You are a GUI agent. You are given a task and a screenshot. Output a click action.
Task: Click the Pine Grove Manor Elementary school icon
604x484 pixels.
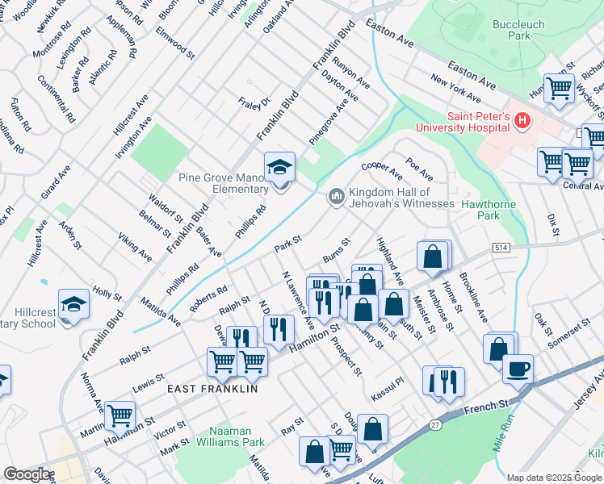[280, 168]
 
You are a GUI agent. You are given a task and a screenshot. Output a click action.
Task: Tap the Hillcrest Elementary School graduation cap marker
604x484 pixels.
[73, 305]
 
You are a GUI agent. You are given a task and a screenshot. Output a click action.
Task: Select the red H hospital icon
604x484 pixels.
[522, 121]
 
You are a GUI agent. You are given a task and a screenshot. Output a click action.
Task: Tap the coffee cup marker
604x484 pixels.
[518, 369]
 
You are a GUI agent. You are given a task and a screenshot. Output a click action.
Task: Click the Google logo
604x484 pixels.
[27, 474]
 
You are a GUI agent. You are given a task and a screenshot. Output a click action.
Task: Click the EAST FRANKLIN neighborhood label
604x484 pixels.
[212, 389]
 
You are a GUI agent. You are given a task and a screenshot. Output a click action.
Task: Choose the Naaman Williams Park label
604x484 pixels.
[237, 436]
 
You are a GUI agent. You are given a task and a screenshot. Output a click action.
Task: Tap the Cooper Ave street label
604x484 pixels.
[382, 170]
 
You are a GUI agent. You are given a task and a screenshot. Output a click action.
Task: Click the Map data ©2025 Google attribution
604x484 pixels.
[554, 477]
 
